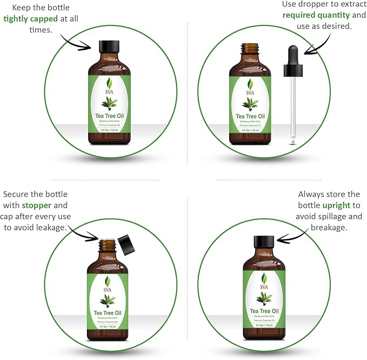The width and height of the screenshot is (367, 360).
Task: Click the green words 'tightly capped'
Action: pyautogui.click(x=30, y=18)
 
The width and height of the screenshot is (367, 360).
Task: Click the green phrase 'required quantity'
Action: pyautogui.click(x=316, y=15)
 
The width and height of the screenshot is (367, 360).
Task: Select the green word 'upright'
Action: pyautogui.click(x=337, y=206)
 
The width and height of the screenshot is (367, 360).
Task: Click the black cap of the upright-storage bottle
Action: pyautogui.click(x=264, y=242)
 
